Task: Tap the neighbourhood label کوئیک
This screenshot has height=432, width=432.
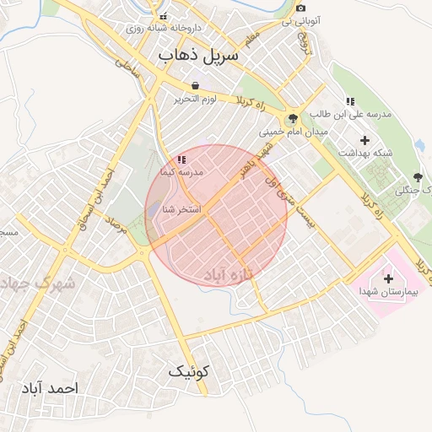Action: point(189,370)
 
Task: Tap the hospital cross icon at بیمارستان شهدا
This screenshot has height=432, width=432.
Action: point(388,278)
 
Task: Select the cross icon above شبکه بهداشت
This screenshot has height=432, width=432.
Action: point(364,139)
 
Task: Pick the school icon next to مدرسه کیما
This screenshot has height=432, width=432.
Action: point(181,159)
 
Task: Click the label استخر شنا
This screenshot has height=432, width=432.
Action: point(182,208)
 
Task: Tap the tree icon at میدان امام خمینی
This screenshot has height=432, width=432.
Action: point(292,119)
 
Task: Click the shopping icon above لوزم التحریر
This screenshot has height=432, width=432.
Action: point(196,86)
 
